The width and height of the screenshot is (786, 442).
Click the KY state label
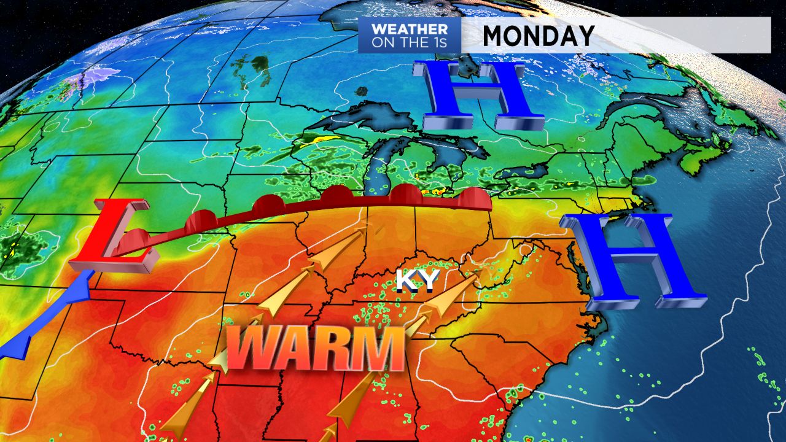[418, 280]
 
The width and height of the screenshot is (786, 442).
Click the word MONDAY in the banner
[538, 36]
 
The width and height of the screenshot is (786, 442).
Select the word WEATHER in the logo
[410, 29]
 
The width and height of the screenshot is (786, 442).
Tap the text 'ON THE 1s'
[410, 44]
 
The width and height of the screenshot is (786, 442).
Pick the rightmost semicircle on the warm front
[473, 198]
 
